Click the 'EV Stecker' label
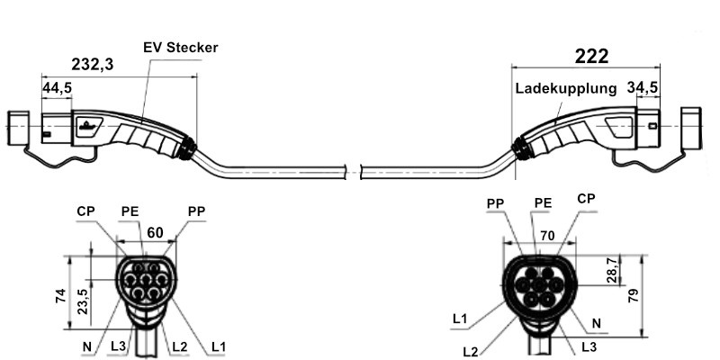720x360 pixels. tap(181, 47)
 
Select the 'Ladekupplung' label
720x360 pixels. tap(566, 89)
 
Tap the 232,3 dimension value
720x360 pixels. tap(94, 64)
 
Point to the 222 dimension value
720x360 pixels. tap(590, 55)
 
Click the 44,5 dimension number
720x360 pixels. tap(58, 87)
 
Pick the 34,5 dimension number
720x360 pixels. tap(643, 87)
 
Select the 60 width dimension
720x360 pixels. tap(155, 233)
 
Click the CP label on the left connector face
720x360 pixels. tap(85, 212)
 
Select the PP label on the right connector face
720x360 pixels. tap(495, 204)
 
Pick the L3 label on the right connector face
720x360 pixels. tap(588, 345)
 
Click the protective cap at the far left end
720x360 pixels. tap(20, 129)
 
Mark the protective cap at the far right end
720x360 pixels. tap(690, 128)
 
